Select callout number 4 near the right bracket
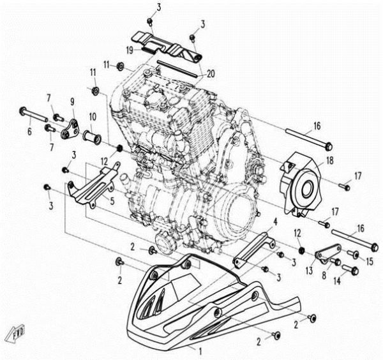pyautogui.click(x=275, y=221)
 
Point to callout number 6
pyautogui.click(x=28, y=131)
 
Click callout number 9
pyautogui.click(x=72, y=101)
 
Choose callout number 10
pyautogui.click(x=92, y=117)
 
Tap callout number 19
pyautogui.click(x=128, y=49)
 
